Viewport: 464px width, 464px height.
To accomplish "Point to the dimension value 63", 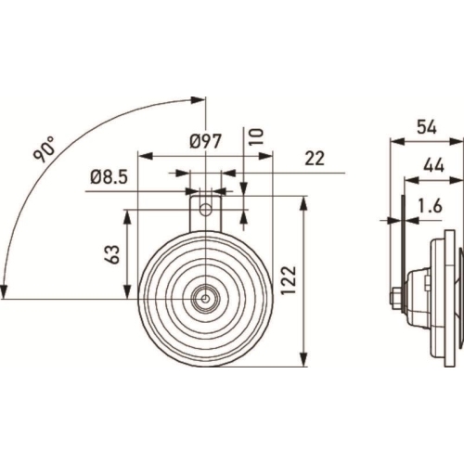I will [110, 253].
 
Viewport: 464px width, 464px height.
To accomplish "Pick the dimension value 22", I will [315, 159].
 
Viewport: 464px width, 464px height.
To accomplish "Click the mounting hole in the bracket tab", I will [206, 198].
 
